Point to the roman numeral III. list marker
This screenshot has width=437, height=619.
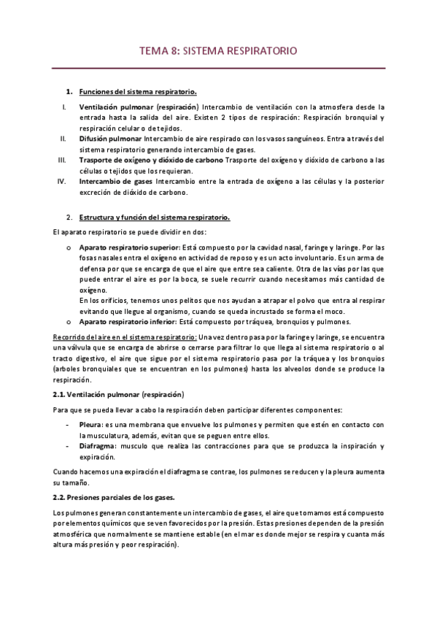click(63, 160)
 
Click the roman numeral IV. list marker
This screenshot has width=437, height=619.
click(62, 181)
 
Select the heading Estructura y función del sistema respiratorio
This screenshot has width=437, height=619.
click(155, 217)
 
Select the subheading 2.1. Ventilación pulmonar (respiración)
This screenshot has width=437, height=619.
click(111, 393)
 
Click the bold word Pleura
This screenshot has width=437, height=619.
click(95, 425)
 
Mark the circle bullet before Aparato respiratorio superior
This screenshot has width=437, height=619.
click(68, 247)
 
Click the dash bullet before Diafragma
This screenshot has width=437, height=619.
click(68, 446)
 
